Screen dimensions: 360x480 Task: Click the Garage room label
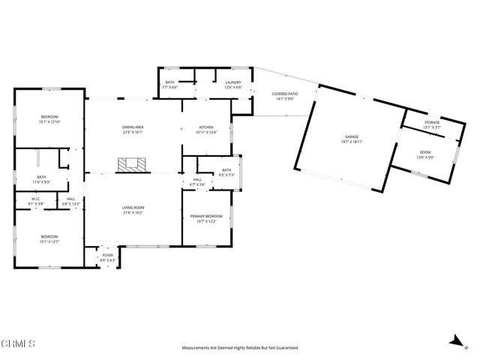tap(352, 139)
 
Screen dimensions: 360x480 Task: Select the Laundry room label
tap(232, 85)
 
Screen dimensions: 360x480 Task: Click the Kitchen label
tap(206, 130)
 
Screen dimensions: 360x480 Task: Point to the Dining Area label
tap(133, 130)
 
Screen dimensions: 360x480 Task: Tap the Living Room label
tap(133, 209)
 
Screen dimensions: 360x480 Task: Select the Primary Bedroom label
tap(205, 218)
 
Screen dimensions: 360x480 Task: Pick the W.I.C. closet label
tap(34, 202)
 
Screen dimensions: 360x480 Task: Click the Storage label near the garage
tap(432, 124)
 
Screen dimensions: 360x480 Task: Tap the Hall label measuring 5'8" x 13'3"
tap(70, 202)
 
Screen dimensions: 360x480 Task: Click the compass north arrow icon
tap(454, 340)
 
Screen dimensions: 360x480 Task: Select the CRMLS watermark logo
tap(18, 344)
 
